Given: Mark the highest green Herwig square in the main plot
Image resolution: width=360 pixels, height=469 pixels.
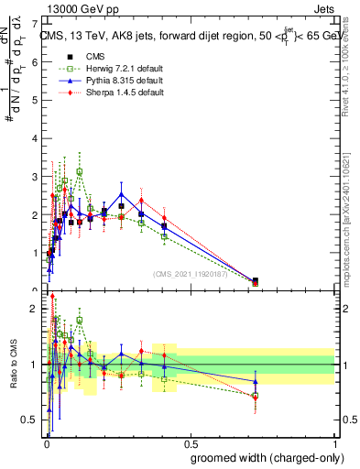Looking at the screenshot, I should tap(80, 171).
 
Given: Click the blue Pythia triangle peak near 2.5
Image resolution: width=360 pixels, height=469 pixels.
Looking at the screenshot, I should tap(122, 194).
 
